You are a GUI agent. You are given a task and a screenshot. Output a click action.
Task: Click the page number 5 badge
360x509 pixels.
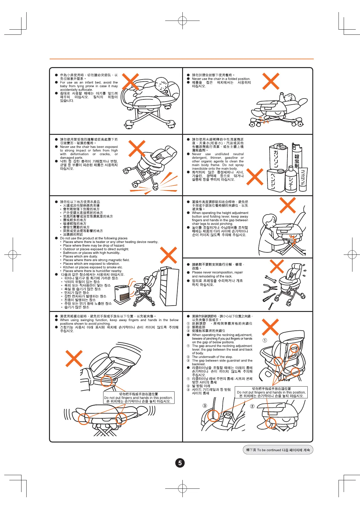(180, 463)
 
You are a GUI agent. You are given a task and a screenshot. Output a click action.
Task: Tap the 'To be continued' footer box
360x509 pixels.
(278, 450)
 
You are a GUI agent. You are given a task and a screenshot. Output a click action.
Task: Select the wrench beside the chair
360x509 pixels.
(270, 278)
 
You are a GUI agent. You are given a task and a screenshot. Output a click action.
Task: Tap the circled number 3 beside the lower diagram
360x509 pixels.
(205, 406)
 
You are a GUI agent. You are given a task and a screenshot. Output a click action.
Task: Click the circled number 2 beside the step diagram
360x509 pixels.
(252, 406)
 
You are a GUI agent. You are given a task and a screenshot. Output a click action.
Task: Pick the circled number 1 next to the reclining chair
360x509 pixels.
(265, 340)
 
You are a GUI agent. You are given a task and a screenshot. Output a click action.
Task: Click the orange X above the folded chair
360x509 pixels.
(271, 81)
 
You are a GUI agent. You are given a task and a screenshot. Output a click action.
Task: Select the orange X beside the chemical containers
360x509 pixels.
(255, 177)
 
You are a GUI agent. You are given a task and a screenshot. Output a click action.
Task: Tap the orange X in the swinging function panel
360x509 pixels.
(74, 358)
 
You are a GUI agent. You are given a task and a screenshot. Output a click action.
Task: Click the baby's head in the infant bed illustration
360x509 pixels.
(161, 83)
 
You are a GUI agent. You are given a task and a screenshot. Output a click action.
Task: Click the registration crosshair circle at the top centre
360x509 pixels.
(182, 21)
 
